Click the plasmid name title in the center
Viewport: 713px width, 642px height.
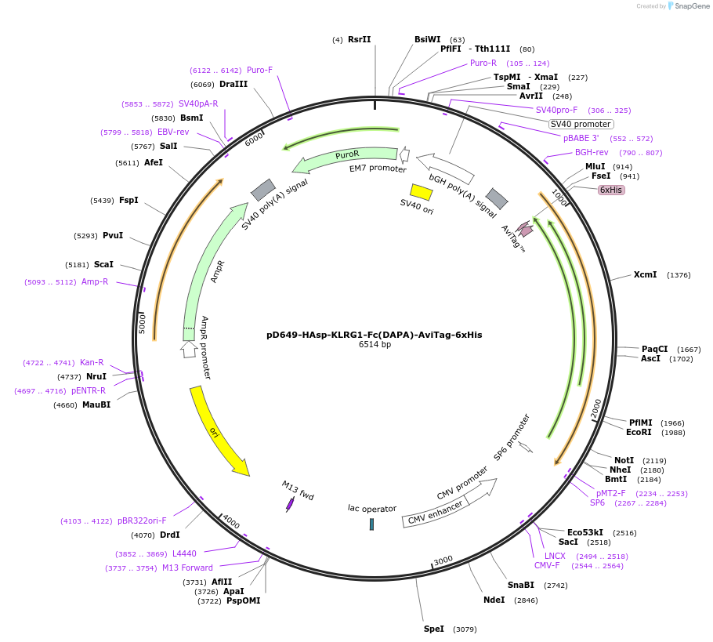click(x=374, y=335)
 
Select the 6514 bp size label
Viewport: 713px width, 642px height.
click(x=375, y=345)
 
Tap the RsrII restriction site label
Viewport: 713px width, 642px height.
click(x=359, y=39)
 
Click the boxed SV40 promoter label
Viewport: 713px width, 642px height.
click(x=581, y=124)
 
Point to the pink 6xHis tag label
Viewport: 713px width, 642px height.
click(x=611, y=190)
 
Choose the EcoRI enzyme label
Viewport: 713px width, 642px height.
click(x=639, y=432)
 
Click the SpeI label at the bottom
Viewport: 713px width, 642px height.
click(x=434, y=629)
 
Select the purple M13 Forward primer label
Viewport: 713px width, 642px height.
click(x=187, y=568)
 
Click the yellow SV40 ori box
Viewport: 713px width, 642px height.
click(x=422, y=192)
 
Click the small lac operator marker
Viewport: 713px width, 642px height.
click(x=371, y=524)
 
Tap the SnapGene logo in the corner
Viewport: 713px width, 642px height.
click(x=682, y=6)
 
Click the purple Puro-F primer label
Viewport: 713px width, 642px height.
click(x=259, y=70)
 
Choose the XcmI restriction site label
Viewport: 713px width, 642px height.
click(x=645, y=274)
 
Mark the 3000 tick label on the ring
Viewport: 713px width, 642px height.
click(x=443, y=560)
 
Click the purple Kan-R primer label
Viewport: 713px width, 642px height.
click(x=92, y=362)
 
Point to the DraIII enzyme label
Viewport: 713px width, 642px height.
click(x=233, y=85)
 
